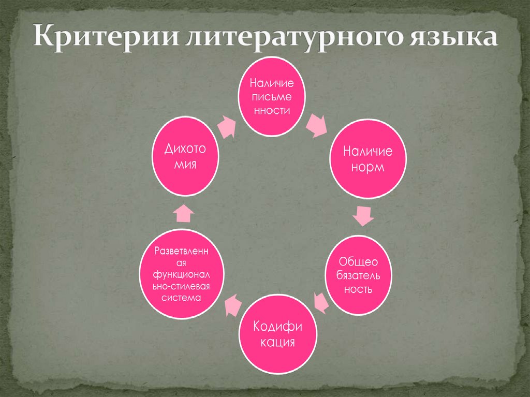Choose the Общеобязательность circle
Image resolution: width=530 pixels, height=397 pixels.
pos(358,275)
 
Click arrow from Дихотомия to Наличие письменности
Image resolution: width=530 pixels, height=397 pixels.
pos(226,126)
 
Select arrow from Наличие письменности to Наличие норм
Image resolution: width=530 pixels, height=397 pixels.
pos(316,126)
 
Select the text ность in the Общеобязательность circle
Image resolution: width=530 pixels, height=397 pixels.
pos(358,289)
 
